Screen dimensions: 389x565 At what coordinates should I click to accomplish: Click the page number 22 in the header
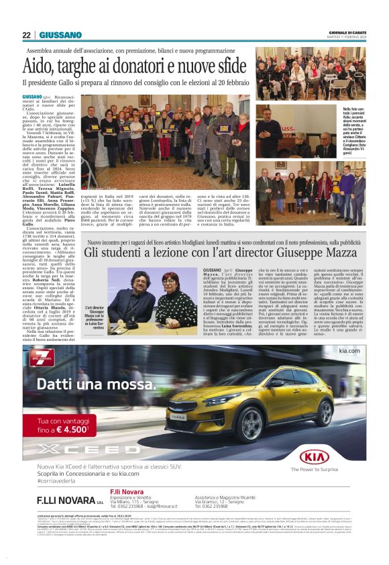pos(26,35)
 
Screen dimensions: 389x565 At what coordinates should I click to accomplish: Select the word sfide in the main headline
pos(225,66)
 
